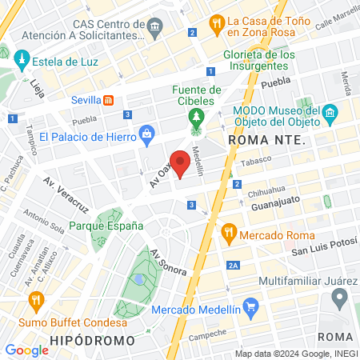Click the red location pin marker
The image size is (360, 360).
[181, 162]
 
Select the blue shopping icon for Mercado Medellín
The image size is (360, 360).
[251, 305]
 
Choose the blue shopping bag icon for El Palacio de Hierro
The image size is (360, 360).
[146, 134]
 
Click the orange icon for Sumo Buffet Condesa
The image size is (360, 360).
[34, 301]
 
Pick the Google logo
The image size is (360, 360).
[26, 350]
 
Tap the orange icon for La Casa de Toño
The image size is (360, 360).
[215, 23]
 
